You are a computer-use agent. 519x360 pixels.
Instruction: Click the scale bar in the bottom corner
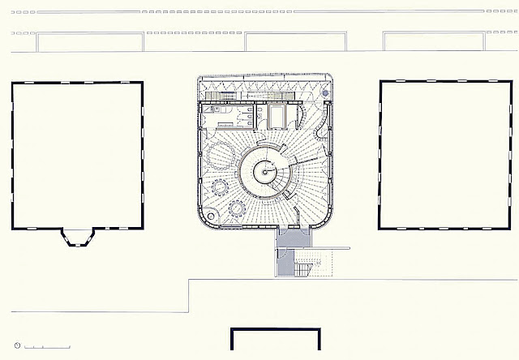(46, 347)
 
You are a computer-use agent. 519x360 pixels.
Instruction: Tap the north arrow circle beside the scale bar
(17, 346)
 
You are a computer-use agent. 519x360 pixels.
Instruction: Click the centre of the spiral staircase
(264, 171)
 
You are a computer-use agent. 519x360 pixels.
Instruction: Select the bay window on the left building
(78, 237)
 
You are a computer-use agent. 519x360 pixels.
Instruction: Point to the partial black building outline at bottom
(276, 341)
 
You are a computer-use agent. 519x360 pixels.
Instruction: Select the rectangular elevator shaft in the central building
(277, 118)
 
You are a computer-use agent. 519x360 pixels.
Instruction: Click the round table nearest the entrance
(238, 208)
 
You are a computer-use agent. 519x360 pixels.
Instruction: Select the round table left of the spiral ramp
(219, 187)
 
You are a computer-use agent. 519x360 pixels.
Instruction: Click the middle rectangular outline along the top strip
(281, 41)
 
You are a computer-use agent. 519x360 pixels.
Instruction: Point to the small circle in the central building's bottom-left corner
(210, 216)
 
